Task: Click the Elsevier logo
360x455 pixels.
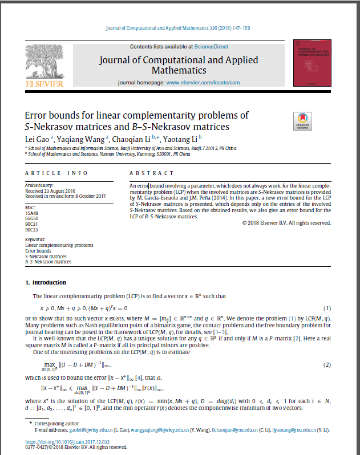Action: coord(45,64)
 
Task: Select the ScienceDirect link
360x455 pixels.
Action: coord(211,46)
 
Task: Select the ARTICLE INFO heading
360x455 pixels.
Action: coord(56,173)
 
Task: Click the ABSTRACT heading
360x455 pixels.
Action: coord(152,173)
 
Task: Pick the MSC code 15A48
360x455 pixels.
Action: coord(33,212)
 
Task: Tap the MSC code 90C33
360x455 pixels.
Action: coord(33,229)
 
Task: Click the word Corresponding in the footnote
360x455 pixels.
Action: coord(47,424)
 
